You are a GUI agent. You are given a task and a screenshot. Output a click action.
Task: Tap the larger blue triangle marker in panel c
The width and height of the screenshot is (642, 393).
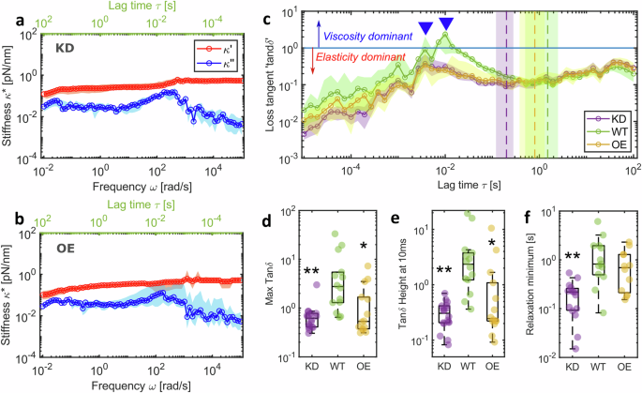(x=446, y=23)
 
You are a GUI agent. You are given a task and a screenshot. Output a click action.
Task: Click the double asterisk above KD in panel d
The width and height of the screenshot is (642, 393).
(x=311, y=272)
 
